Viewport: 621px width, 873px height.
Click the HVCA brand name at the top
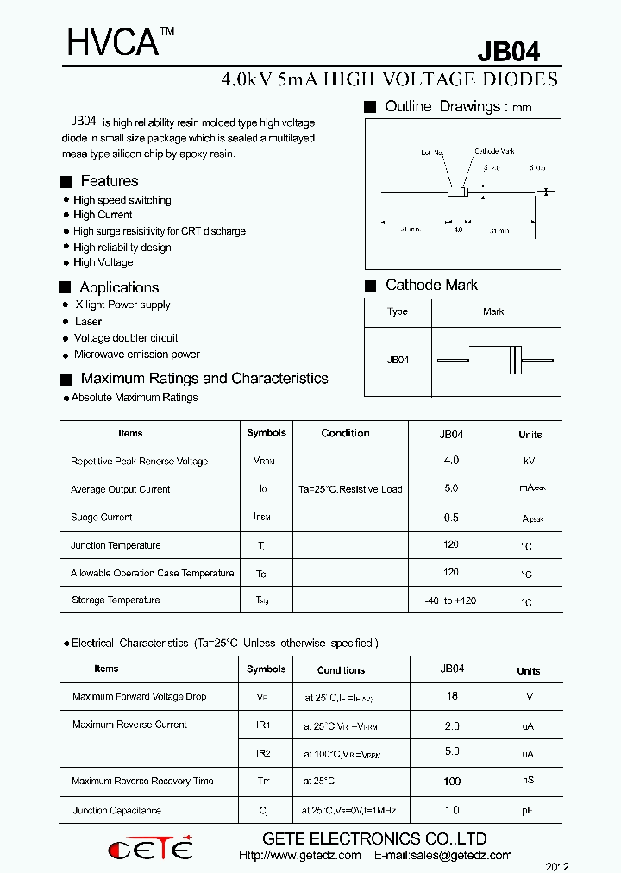click(113, 42)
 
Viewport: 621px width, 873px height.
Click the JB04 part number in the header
click(509, 52)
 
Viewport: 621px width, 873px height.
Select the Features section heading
click(109, 181)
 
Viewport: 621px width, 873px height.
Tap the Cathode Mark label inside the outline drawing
click(494, 151)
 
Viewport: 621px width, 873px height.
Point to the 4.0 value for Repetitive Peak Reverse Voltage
click(451, 461)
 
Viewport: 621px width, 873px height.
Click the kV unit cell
click(529, 462)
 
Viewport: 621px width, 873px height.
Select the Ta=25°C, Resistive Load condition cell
click(350, 489)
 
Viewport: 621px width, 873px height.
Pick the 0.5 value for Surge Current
click(451, 518)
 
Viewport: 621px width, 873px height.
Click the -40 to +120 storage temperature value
click(450, 600)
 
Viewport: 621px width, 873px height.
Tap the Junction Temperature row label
click(116, 545)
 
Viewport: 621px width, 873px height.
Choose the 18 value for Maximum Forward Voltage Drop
click(452, 696)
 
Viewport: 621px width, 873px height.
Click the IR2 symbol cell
click(264, 753)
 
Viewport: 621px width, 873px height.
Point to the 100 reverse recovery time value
click(452, 782)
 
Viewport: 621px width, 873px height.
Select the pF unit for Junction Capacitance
click(528, 811)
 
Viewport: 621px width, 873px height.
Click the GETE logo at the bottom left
click(150, 849)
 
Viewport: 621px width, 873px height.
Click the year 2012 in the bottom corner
click(557, 866)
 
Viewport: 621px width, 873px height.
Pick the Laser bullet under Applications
click(88, 322)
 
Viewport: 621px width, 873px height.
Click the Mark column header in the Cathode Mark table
click(493, 311)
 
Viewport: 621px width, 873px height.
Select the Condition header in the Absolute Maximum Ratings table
click(345, 433)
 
